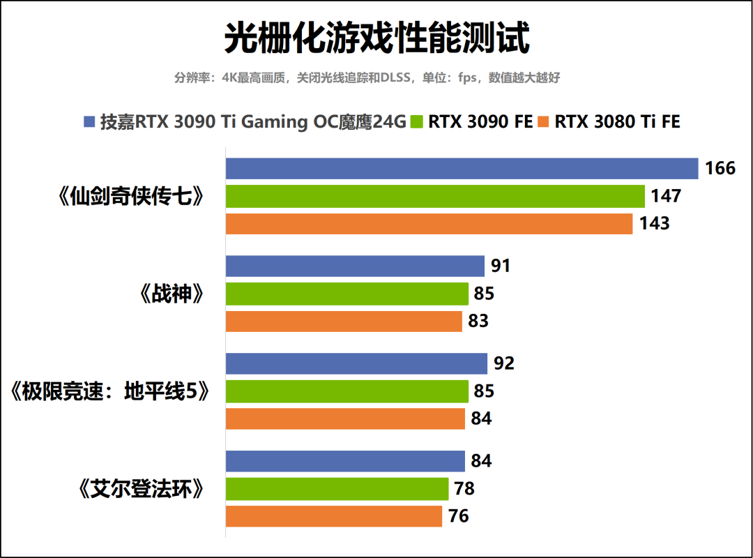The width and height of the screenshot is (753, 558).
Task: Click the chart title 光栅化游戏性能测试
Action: [376, 38]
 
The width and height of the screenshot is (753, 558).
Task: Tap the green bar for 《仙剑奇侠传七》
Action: [435, 197]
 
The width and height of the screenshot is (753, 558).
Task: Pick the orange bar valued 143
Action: [429, 224]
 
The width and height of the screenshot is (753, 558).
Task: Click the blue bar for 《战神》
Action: [355, 266]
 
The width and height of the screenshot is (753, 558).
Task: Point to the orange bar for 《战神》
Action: [344, 322]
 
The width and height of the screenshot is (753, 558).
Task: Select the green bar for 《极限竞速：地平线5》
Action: [347, 391]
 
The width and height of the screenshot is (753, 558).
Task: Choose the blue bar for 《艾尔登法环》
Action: [345, 461]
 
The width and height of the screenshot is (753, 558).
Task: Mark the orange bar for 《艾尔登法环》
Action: [334, 516]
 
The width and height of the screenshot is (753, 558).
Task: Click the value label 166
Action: [720, 169]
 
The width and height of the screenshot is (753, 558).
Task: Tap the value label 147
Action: [666, 197]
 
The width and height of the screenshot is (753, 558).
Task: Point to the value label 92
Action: [503, 363]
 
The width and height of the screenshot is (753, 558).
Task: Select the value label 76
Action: [458, 516]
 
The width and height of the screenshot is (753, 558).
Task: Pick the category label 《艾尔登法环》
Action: [142, 489]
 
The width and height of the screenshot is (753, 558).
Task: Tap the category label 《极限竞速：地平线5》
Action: [110, 392]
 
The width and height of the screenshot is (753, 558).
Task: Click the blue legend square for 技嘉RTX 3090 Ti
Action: [89, 122]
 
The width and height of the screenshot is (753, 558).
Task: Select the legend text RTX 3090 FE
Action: [480, 122]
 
